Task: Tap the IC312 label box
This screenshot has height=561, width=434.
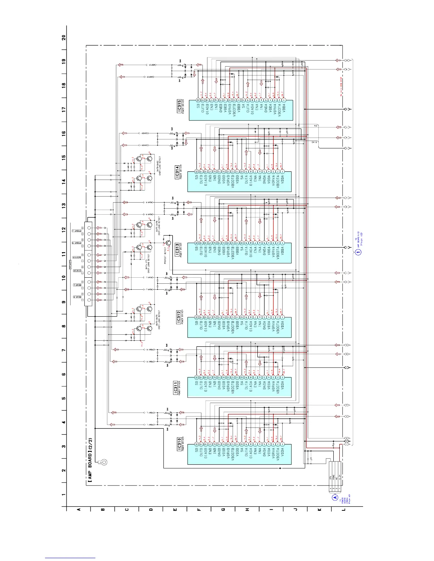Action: pyautogui.click(x=179, y=317)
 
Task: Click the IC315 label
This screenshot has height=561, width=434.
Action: pyautogui.click(x=179, y=106)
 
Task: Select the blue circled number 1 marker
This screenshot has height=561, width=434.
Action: pyautogui.click(x=358, y=252)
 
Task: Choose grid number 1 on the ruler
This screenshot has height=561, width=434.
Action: pyautogui.click(x=64, y=494)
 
